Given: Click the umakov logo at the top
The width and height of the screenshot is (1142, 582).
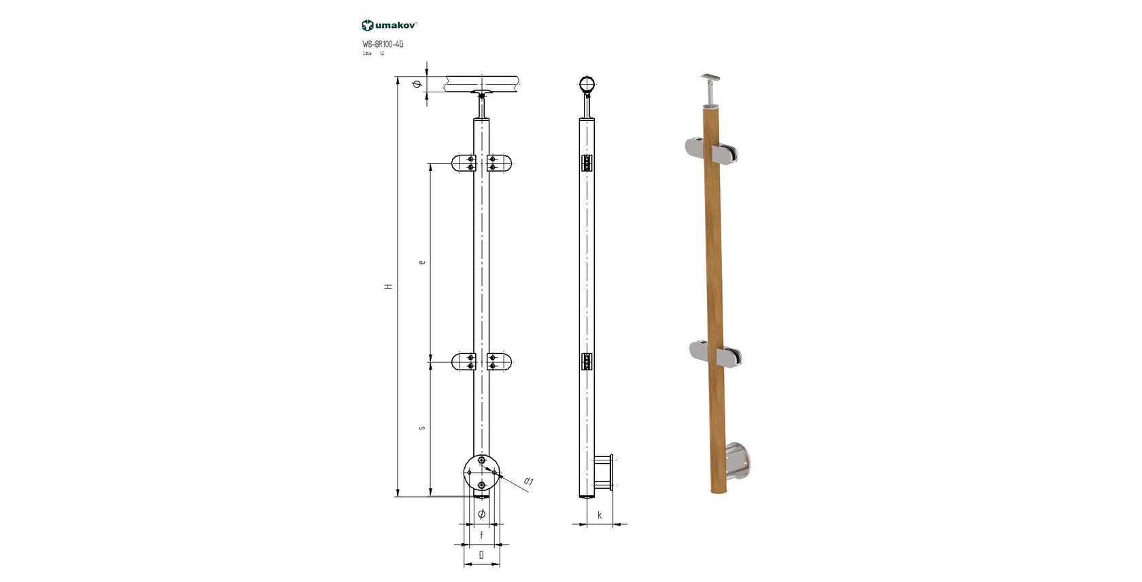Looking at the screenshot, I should pos(389,25).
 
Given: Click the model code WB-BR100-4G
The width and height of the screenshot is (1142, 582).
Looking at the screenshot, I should pos(383,44).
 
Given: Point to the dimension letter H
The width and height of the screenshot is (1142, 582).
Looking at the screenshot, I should pos(390,287).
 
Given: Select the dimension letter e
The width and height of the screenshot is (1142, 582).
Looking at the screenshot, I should pos(422,261).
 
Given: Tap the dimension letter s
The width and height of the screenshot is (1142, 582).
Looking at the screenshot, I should pos(422,428).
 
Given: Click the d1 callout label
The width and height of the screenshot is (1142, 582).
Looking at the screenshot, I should pos(529,481).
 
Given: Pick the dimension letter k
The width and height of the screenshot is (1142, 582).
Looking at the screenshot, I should pos(600,515).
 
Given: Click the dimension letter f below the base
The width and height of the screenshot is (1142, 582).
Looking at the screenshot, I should pos(481,535).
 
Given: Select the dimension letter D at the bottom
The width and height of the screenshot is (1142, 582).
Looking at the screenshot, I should pos(481,555).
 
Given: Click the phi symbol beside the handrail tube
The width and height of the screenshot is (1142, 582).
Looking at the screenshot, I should pos(417,85).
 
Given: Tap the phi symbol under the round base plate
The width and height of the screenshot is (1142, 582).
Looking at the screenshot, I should pos(481,514).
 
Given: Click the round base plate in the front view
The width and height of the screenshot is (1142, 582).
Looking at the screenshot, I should pos(481,473).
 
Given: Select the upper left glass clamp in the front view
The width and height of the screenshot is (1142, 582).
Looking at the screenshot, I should pos(464,163).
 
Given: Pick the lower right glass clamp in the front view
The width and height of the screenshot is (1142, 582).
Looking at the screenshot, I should pos(499,361).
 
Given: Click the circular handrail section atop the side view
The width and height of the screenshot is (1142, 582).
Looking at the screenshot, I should pos(587,85).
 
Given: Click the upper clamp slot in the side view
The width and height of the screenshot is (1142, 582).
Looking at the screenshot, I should pos(587,164).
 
